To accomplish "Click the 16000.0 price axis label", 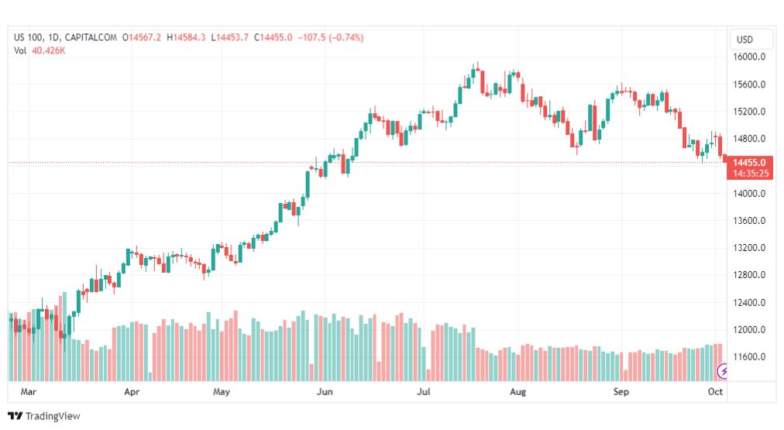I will click(750, 57).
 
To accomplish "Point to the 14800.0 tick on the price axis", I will click(750, 139).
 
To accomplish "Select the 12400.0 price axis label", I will click(750, 303).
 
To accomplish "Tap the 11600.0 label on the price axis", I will click(750, 357).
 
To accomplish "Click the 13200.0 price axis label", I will click(750, 248).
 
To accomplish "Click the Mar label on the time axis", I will click(29, 393).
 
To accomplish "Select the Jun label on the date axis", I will click(325, 393).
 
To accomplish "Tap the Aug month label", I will click(518, 393).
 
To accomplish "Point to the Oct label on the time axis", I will click(716, 393).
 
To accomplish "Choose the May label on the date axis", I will click(222, 393).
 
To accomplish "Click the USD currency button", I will click(744, 40).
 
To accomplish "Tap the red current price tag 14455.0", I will click(749, 163).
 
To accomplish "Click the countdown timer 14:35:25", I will click(749, 174).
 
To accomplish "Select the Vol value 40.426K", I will click(49, 50).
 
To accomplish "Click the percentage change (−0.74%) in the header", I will click(346, 37).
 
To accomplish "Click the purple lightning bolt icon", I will click(724, 372).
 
